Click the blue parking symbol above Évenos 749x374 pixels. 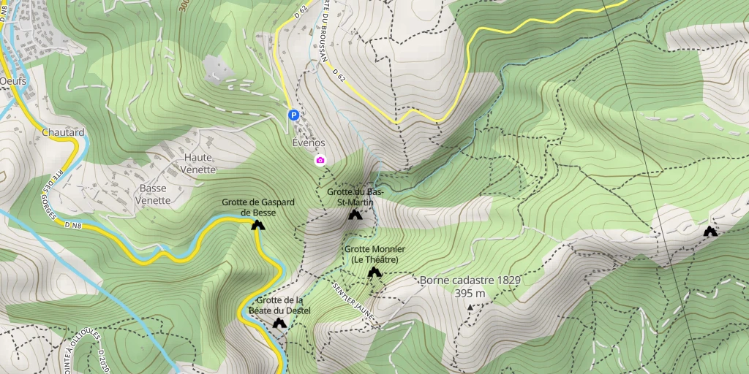pos(293,115)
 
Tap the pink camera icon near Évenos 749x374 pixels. pos(320,160)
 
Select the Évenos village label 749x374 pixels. pos(308,143)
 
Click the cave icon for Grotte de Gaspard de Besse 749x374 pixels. pos(257,225)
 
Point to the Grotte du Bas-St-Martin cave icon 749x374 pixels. pos(355,215)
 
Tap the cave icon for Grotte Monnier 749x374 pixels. pos(374,272)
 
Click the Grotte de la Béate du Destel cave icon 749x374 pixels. pos(279,323)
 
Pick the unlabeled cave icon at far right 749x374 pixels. pos(710,232)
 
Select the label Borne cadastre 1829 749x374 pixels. pos(470,280)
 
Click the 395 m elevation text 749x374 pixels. pos(470,294)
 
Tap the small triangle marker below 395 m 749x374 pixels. pos(470,308)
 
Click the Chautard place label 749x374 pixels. pos(63,132)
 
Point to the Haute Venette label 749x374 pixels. pos(199,164)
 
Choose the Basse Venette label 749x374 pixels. pos(154,194)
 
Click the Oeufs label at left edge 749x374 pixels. pos(13,81)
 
